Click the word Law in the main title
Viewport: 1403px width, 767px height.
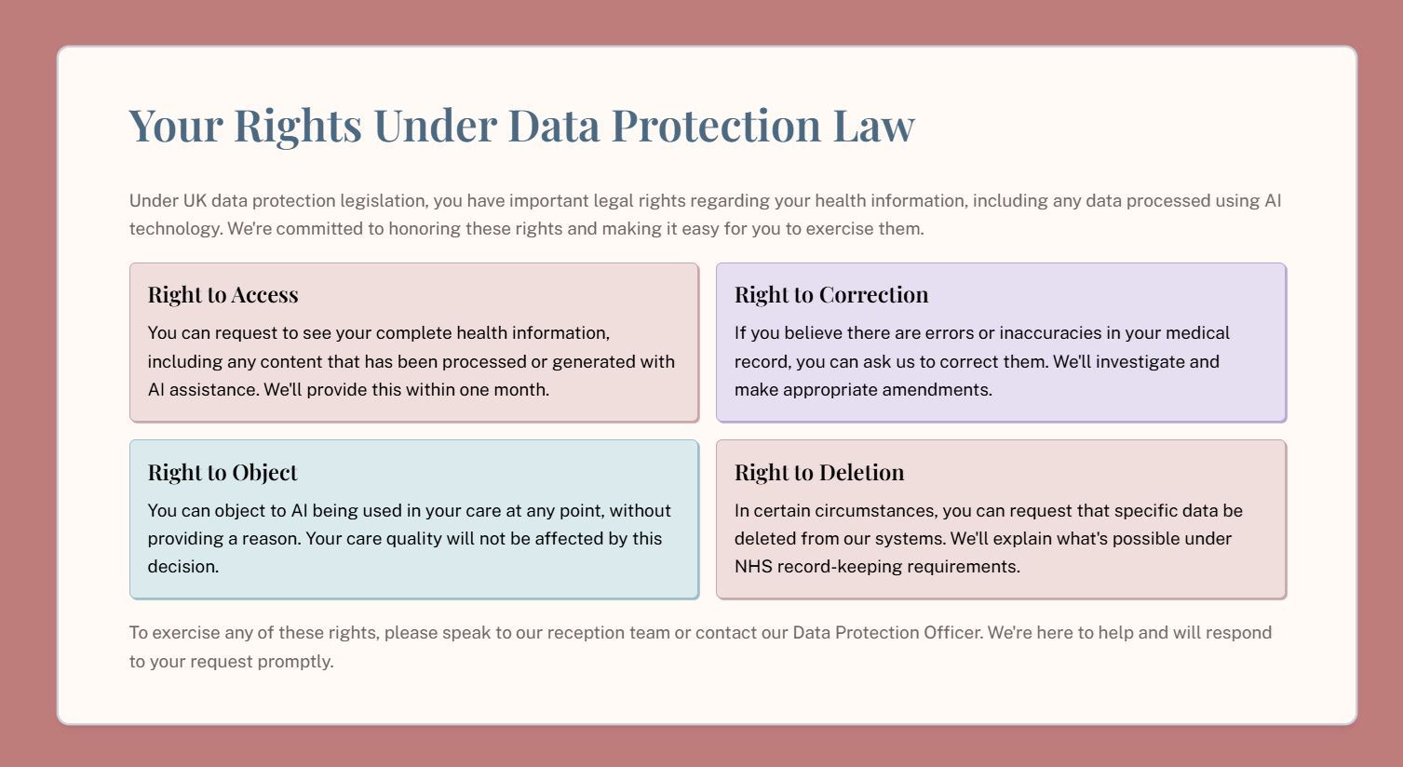(874, 126)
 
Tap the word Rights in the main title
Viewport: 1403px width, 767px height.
(298, 128)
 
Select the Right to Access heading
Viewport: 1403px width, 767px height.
(223, 295)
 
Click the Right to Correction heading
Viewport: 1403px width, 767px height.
(831, 295)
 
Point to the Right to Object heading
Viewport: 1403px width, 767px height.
(223, 473)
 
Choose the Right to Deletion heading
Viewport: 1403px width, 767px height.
(819, 472)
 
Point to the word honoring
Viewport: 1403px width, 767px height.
(425, 229)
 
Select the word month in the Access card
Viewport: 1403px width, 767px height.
(521, 389)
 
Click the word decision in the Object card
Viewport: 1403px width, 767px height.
(182, 567)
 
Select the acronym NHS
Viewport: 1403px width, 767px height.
(753, 567)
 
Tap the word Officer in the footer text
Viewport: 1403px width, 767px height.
(953, 633)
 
